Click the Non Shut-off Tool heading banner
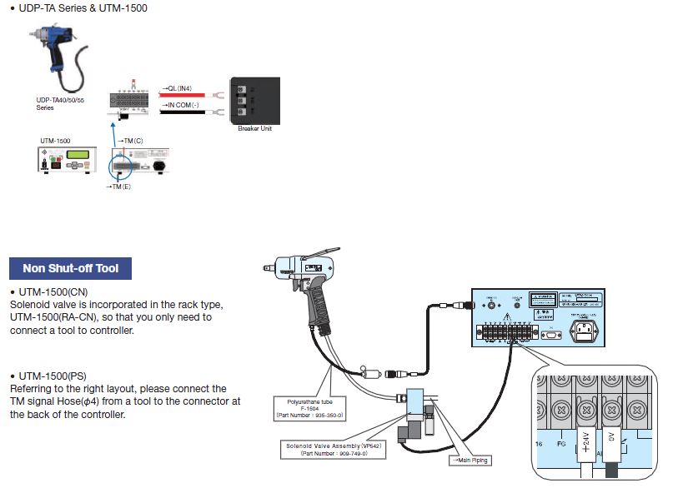pyautogui.click(x=70, y=268)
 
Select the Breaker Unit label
pyautogui.click(x=254, y=128)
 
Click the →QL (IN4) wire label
pyautogui.click(x=176, y=87)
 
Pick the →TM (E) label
pyautogui.click(x=118, y=187)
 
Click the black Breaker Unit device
pyautogui.click(x=254, y=100)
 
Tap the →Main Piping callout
pyautogui.click(x=473, y=460)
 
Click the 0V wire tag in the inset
pyautogui.click(x=613, y=438)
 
